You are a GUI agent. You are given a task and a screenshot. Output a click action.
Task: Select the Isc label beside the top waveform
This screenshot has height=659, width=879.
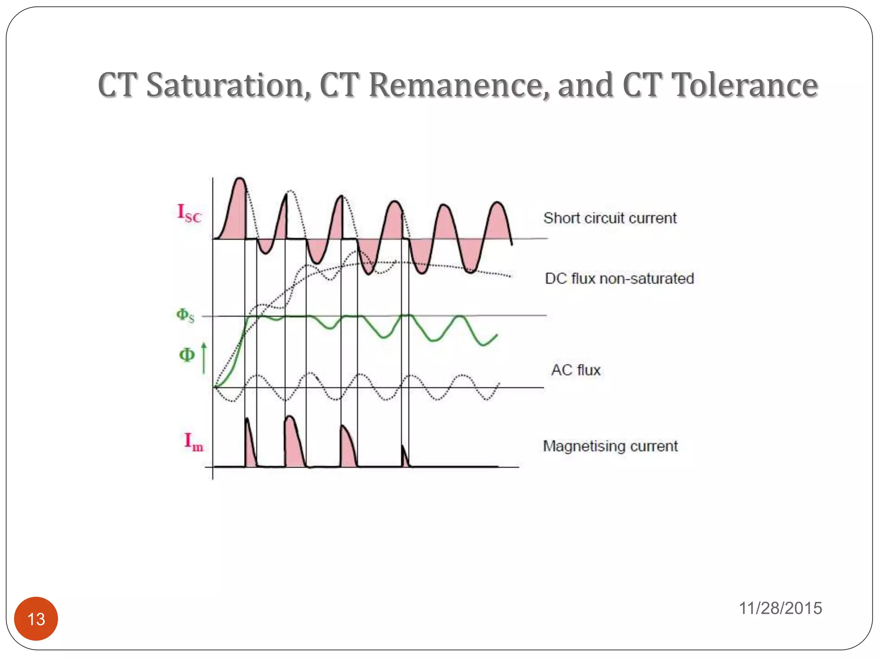point(189,213)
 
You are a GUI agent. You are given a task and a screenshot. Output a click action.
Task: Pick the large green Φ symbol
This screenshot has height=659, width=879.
point(187,355)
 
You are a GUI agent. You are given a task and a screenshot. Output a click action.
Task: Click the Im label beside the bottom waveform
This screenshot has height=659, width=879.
point(194,442)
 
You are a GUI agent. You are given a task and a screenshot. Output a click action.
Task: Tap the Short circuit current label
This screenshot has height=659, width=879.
point(610,218)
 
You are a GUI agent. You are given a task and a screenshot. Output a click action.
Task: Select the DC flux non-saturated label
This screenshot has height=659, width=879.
point(619,279)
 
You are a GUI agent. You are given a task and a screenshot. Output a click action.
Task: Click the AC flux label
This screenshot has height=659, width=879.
point(576,370)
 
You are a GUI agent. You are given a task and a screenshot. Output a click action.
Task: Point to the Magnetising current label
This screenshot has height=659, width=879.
point(610,446)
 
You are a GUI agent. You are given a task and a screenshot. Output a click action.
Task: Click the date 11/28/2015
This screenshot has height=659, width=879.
point(780,608)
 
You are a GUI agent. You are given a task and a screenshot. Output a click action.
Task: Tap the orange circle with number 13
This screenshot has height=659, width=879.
point(36,619)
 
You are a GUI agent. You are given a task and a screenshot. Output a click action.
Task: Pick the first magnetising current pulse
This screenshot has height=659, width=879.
point(250,448)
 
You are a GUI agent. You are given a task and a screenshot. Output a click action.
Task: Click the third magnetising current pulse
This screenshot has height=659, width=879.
point(348,448)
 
